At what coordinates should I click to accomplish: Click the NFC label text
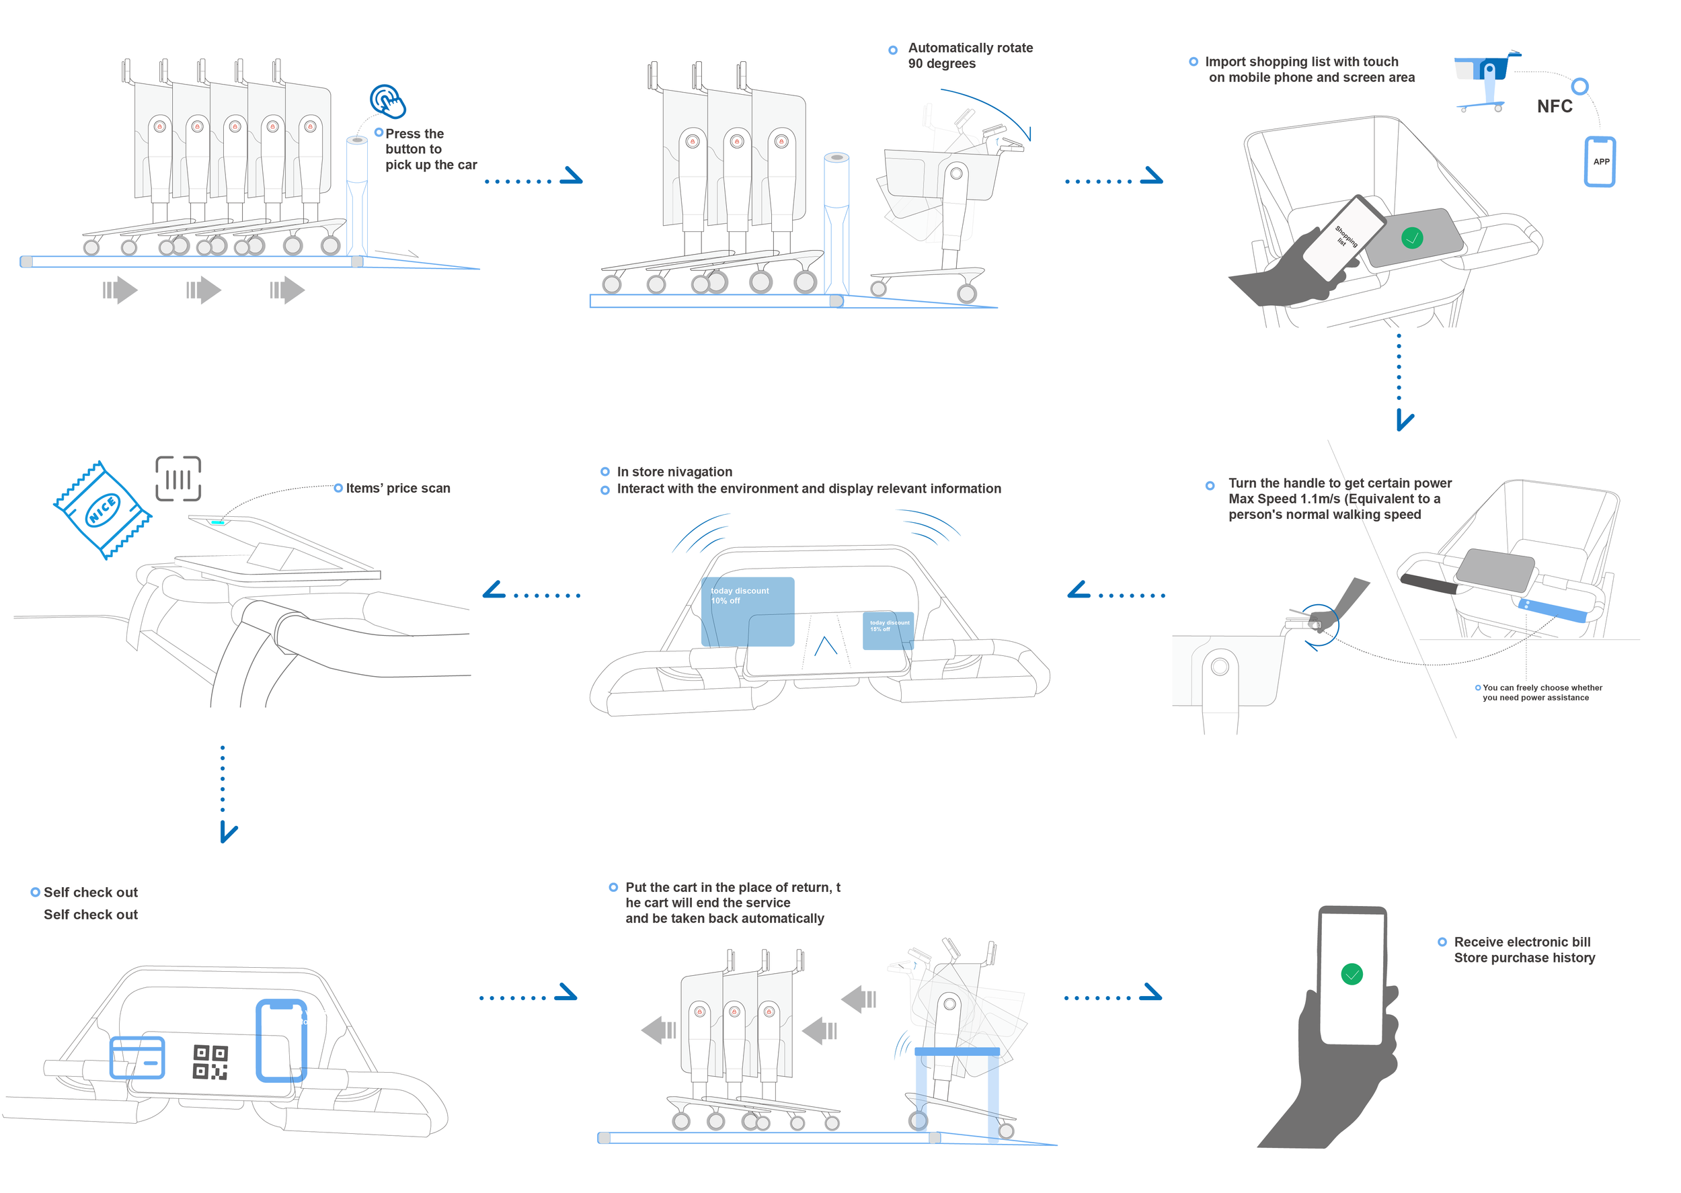[1554, 106]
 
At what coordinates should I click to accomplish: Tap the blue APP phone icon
[1600, 161]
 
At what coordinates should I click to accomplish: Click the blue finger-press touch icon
[387, 101]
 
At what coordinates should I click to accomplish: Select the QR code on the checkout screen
[210, 1062]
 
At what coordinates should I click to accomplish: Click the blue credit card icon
[137, 1058]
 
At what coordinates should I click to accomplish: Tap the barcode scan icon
[178, 479]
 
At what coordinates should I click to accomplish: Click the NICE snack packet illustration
[102, 510]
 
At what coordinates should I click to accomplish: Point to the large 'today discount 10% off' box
[747, 611]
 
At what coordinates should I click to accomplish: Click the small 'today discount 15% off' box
[888, 630]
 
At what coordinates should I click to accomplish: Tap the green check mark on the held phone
[1351, 974]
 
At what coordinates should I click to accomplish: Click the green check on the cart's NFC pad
[1411, 238]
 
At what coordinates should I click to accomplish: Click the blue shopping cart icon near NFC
[1484, 81]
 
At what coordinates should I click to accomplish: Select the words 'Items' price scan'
[397, 489]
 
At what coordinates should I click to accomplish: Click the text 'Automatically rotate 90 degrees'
[970, 56]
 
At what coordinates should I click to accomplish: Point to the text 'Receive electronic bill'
[1522, 942]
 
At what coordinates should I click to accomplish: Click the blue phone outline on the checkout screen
[280, 1040]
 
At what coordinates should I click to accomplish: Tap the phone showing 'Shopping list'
[1343, 237]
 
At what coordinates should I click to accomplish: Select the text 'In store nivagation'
[674, 472]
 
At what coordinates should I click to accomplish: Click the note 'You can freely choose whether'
[1541, 688]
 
